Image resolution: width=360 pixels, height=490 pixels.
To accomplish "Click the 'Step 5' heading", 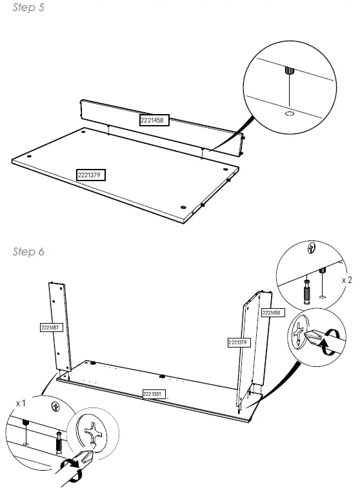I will click(28, 8).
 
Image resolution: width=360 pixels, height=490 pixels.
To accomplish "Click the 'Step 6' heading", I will click(28, 251).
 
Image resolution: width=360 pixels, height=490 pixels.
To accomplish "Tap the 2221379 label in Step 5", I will click(91, 174).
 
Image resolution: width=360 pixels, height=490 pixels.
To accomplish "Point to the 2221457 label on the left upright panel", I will click(50, 328).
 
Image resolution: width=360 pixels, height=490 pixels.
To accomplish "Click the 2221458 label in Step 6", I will click(270, 313).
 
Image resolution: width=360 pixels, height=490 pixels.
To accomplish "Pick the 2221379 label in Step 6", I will click(238, 342).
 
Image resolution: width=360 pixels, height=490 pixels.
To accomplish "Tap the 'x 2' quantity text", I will click(346, 280).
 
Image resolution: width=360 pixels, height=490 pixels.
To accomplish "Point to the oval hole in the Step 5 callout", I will click(290, 113).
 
